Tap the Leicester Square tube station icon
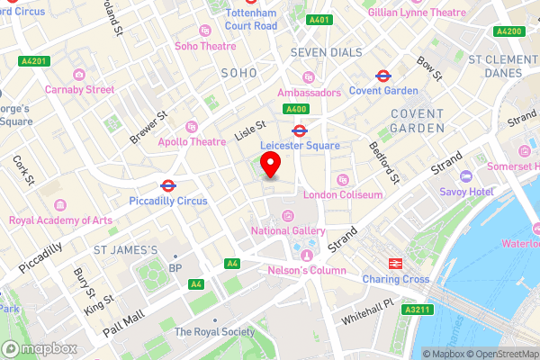[x=300, y=130]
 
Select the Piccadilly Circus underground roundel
[x=167, y=185]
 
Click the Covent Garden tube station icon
[x=382, y=76]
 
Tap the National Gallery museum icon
[x=288, y=215]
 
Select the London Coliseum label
[x=343, y=194]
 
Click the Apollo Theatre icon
[x=191, y=127]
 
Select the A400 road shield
[x=297, y=109]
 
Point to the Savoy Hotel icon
[x=465, y=176]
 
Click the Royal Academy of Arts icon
[x=59, y=205]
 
